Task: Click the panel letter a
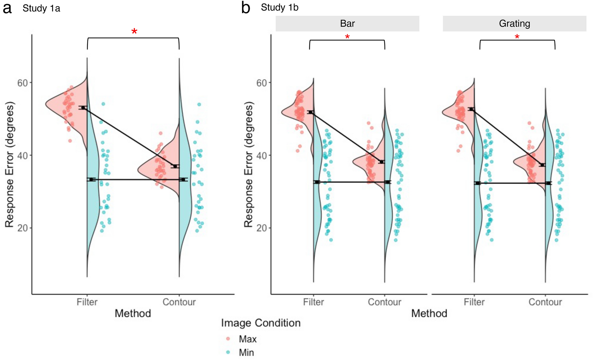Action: (x=7, y=8)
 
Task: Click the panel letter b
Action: (x=246, y=8)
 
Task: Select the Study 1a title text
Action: (x=41, y=8)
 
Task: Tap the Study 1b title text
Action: (x=279, y=7)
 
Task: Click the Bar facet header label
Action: (x=347, y=24)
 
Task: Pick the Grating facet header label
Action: (x=514, y=24)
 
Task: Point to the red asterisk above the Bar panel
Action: (x=347, y=37)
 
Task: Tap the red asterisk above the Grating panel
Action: (x=517, y=37)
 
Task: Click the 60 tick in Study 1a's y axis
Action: (x=22, y=83)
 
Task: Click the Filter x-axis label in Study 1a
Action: (x=87, y=302)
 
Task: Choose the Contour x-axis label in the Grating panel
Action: (x=545, y=302)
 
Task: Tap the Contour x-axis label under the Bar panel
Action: (x=384, y=302)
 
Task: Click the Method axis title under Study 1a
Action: (x=133, y=313)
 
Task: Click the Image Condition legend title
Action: (x=260, y=323)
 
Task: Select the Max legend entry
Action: (x=247, y=339)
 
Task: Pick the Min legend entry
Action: (x=246, y=352)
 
